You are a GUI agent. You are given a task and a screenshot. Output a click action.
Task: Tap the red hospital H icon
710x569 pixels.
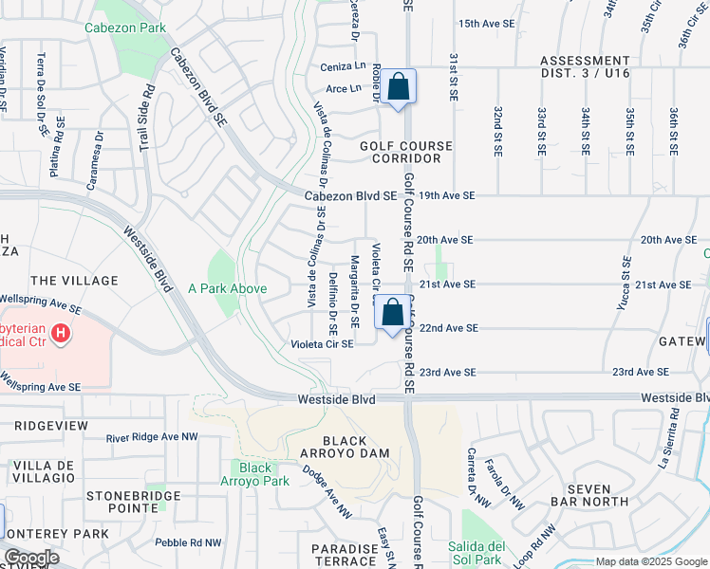click(61, 334)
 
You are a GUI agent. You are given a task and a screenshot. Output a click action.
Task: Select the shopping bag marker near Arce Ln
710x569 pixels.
click(400, 86)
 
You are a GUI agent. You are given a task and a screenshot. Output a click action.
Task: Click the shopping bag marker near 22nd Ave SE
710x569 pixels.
click(393, 313)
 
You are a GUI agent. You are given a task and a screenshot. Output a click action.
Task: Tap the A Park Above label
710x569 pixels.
click(227, 288)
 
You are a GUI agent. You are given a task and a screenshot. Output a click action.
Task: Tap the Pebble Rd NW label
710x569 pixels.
click(190, 542)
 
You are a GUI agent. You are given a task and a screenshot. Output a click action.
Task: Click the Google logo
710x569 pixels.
click(31, 558)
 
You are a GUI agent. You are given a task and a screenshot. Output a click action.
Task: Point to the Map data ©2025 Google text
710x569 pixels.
click(650, 561)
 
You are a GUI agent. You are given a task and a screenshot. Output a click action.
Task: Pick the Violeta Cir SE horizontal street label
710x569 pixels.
click(322, 343)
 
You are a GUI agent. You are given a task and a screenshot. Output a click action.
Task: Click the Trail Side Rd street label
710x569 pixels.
click(147, 119)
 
